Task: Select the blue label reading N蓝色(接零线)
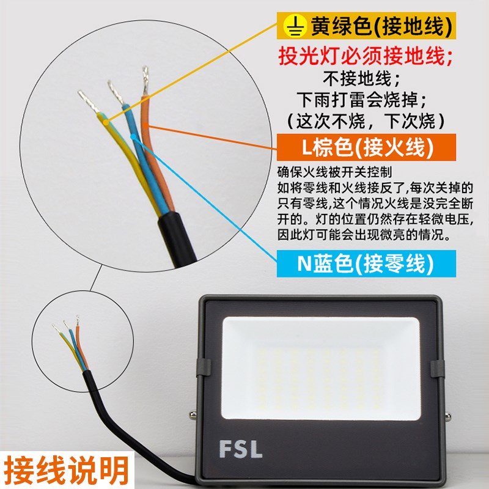click(365, 264)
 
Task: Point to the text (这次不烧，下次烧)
click(366, 119)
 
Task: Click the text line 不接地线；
click(366, 78)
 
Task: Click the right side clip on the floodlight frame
click(437, 369)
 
